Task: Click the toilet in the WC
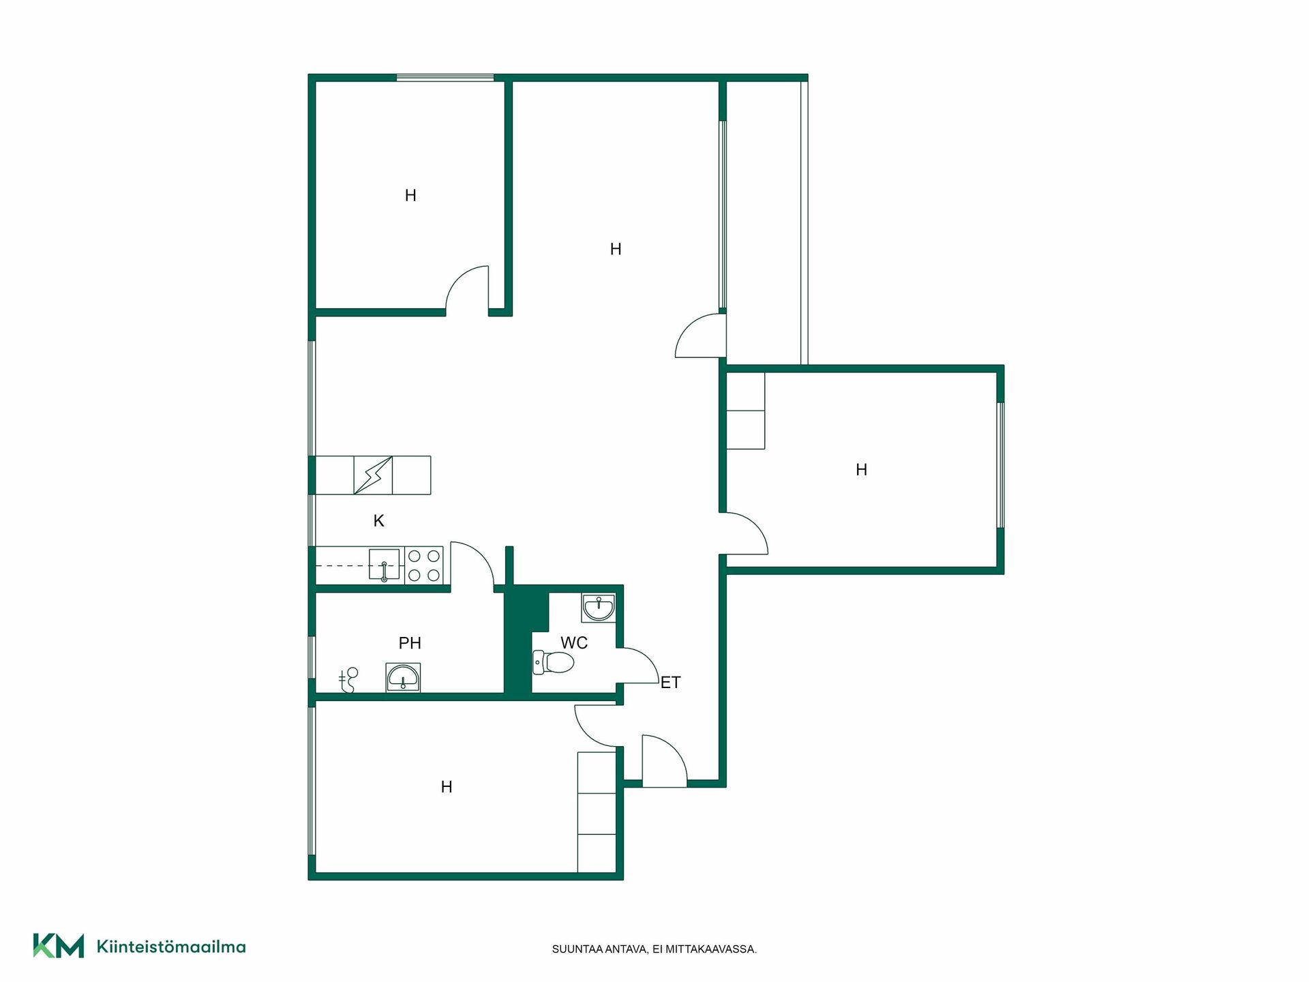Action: pos(553,662)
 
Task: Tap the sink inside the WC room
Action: pos(599,608)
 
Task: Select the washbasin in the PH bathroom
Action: pos(403,678)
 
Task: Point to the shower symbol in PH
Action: pos(349,680)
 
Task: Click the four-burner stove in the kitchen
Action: pos(423,565)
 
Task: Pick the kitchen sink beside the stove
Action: pos(384,565)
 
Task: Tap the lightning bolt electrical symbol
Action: pos(373,475)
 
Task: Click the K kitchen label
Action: pos(379,521)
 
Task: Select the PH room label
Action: pos(410,643)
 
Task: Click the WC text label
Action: pos(574,643)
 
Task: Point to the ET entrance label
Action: pos(670,683)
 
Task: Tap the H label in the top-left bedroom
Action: pos(410,196)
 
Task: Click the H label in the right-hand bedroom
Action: pos(862,470)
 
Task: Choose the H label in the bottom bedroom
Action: pos(447,787)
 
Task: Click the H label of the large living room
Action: pos(616,250)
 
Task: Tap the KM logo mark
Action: pos(59,946)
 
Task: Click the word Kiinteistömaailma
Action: pos(171,947)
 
